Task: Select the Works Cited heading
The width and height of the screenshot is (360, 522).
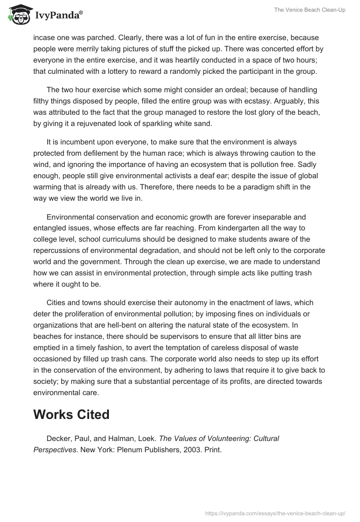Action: pyautogui.click(x=71, y=414)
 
